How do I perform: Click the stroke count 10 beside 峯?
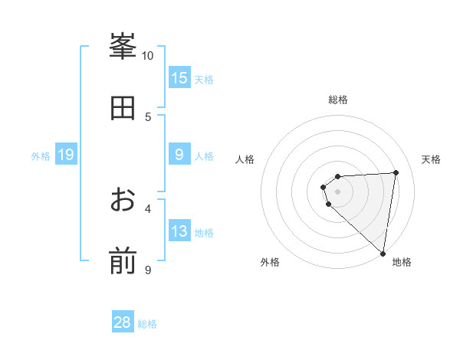coord(147,56)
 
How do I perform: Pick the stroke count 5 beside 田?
coord(148,117)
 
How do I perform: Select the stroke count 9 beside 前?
coord(148,270)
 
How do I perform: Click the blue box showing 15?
coord(179,78)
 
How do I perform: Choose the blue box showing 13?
coord(179,232)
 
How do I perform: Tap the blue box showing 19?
coord(66,155)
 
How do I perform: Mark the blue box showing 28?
coord(123,322)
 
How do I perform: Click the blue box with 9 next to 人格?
coord(179,155)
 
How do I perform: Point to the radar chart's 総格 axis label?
coord(338,100)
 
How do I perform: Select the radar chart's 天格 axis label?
coord(431,159)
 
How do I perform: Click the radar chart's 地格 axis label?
coord(402,262)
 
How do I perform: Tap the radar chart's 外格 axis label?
coord(270,262)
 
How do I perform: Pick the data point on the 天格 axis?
coord(396,172)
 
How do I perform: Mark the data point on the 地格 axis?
coord(383,254)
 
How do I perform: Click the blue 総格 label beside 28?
coord(147,324)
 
